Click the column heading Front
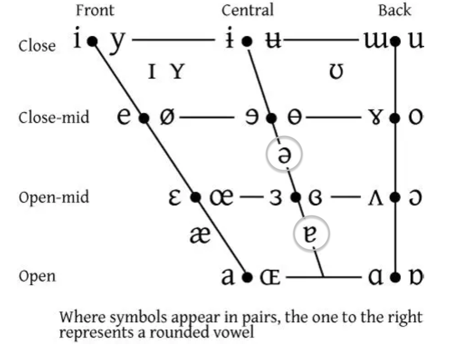coord(94,10)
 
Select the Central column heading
coord(247,10)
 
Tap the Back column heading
coord(395,10)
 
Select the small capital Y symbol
coord(177,74)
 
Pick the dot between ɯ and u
coord(395,42)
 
